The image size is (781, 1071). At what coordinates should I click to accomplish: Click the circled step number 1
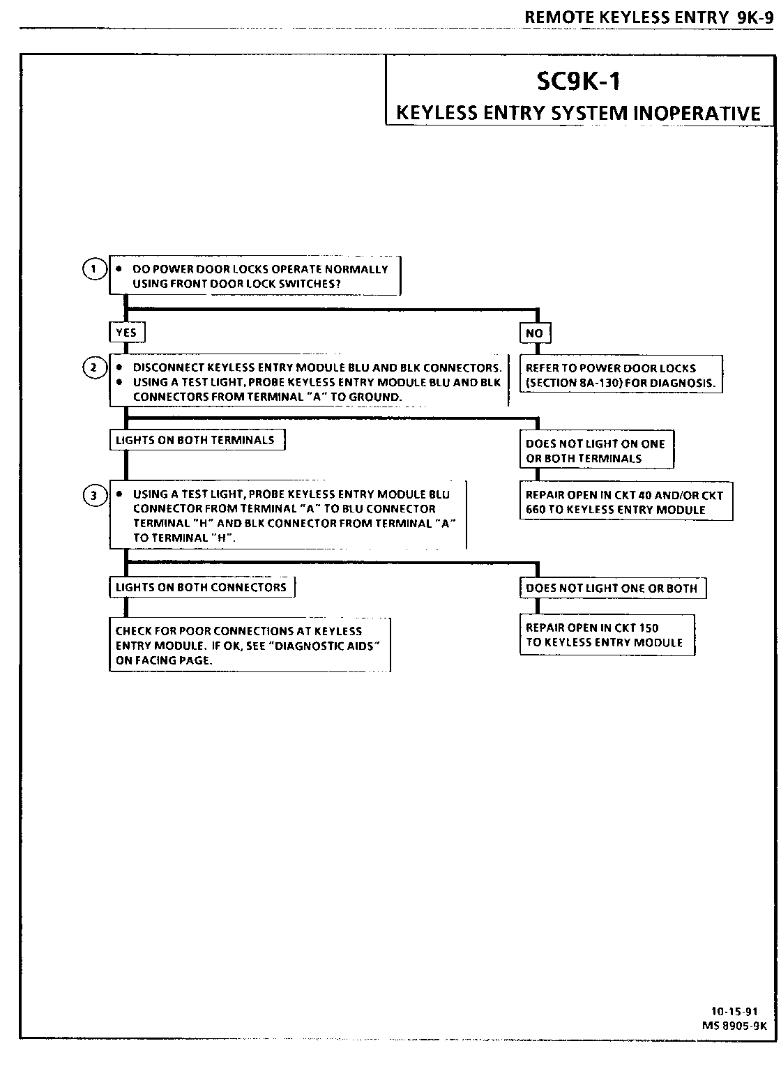pyautogui.click(x=93, y=268)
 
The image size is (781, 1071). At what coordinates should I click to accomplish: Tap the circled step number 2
pyautogui.click(x=93, y=367)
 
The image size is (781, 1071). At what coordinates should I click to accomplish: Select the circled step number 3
pyautogui.click(x=93, y=496)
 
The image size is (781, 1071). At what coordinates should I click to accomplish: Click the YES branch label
pyautogui.click(x=126, y=333)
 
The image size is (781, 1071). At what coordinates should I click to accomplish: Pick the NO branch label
pyautogui.click(x=534, y=333)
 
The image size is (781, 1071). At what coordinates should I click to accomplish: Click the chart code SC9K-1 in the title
pyautogui.click(x=578, y=82)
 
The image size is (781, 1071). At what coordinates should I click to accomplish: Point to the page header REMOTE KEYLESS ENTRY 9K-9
pyautogui.click(x=649, y=17)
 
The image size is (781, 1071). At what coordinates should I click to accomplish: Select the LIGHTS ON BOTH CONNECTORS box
pyautogui.click(x=201, y=587)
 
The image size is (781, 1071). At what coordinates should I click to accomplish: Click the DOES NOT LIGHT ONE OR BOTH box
pyautogui.click(x=612, y=588)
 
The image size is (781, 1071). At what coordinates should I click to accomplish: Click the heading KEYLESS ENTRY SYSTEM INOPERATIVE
pyautogui.click(x=578, y=112)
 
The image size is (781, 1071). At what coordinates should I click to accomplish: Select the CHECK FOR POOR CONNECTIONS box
pyautogui.click(x=248, y=645)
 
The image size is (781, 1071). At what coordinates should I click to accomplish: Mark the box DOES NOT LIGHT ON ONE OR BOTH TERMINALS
pyautogui.click(x=596, y=450)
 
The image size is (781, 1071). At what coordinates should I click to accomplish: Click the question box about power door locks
pyautogui.click(x=255, y=276)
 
